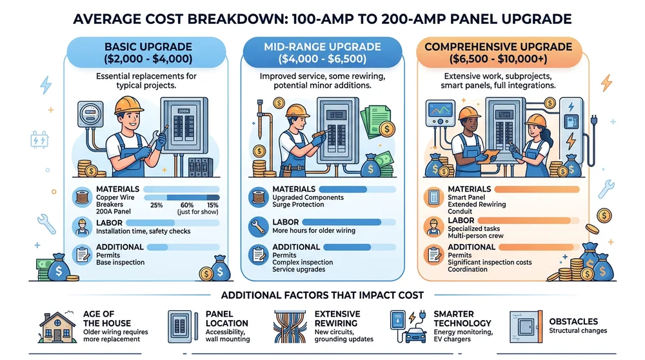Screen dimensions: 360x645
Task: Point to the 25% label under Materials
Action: tap(156, 205)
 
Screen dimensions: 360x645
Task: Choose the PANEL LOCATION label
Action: tap(226, 318)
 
